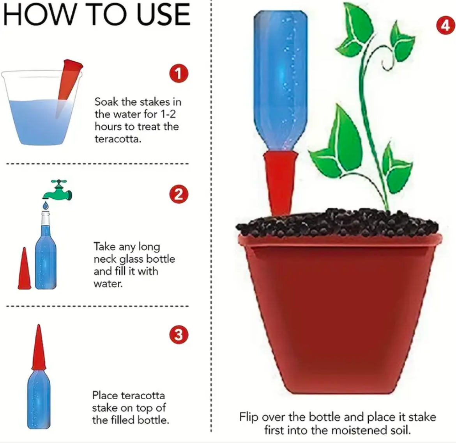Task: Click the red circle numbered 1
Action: pyautogui.click(x=179, y=73)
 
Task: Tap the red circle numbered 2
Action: pyautogui.click(x=179, y=194)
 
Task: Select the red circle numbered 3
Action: pyautogui.click(x=179, y=334)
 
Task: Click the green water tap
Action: pyautogui.click(x=57, y=191)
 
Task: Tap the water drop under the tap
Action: pyautogui.click(x=45, y=206)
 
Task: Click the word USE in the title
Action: pyautogui.click(x=163, y=14)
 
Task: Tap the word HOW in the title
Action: pyautogui.click(x=39, y=14)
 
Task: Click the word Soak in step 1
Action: pyautogui.click(x=106, y=102)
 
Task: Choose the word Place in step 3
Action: pyautogui.click(x=105, y=395)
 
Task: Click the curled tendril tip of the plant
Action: pyautogui.click(x=386, y=65)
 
